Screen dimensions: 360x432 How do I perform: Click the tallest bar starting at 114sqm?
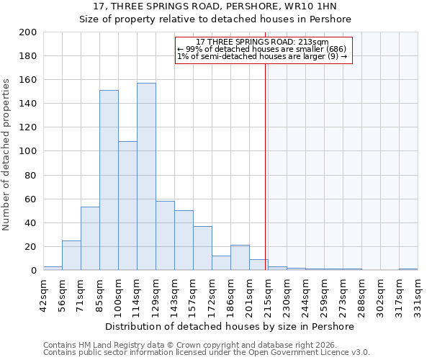[146, 176]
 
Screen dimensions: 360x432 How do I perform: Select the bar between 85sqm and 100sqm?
[109, 180]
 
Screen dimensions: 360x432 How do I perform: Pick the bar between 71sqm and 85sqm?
[90, 238]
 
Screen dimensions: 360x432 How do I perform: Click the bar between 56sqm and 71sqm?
[71, 255]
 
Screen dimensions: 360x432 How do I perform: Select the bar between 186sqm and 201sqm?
[240, 258]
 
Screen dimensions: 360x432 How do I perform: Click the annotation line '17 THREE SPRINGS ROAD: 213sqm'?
[263, 42]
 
